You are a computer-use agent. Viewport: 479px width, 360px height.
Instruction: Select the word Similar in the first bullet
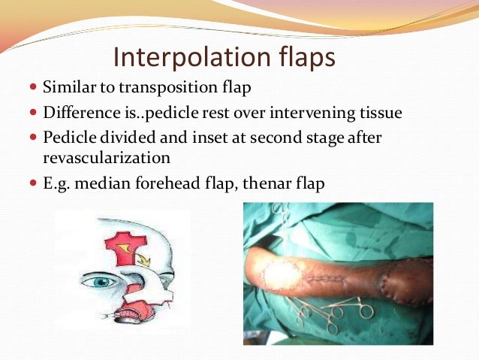point(65,87)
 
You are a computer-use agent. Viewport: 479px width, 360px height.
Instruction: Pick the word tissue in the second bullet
point(381,113)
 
